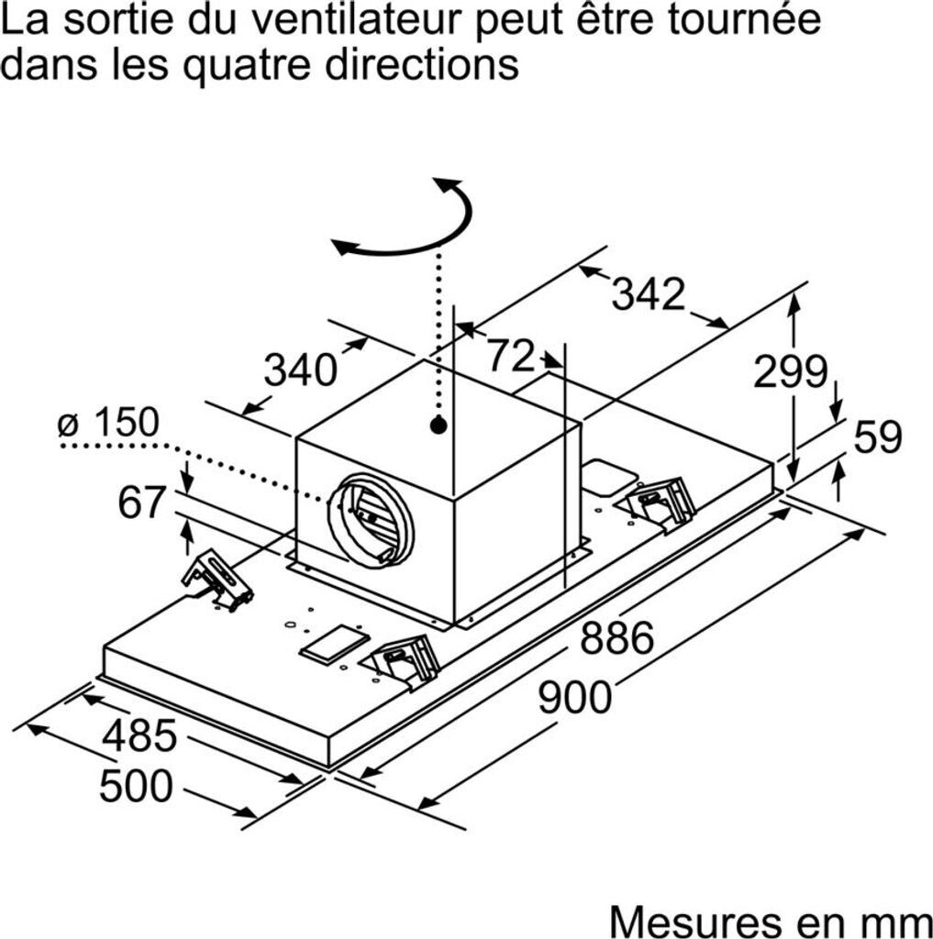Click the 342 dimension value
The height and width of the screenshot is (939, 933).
point(649,294)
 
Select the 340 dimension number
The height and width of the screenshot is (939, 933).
point(300,370)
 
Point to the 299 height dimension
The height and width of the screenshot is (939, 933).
point(790,371)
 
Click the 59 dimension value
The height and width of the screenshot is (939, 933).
point(878,437)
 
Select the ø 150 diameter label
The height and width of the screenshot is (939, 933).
point(108,423)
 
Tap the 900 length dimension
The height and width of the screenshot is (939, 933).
point(574,697)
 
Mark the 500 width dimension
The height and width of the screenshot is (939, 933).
point(136,786)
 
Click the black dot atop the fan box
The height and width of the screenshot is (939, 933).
point(438,425)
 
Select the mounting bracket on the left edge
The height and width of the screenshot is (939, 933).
point(217,580)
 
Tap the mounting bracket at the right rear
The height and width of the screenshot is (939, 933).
point(661,501)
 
